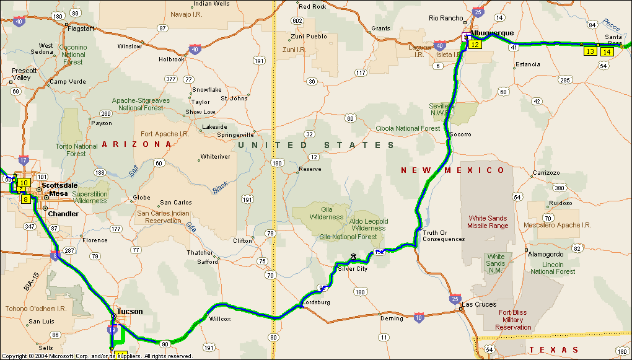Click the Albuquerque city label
coord(492,33)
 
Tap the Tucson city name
coord(129,312)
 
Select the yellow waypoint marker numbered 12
coord(475,45)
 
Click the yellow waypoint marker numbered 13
coord(590,51)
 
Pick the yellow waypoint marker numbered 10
coord(24,183)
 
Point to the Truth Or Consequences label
coord(444,236)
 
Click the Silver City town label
coord(353,269)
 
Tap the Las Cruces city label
coord(480,305)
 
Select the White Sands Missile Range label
coord(488,222)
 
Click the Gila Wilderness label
coord(327,214)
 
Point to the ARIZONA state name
coord(136,144)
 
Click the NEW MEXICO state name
coord(453,170)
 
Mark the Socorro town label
coord(460,134)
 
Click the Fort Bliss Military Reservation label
coord(513,320)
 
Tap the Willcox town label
coord(219,319)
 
